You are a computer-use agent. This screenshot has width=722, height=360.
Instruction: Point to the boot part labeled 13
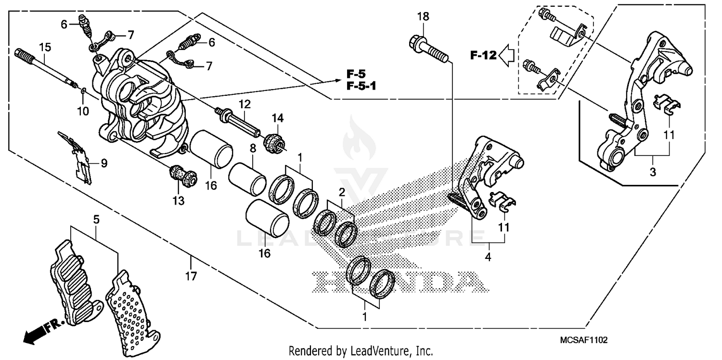[x=183, y=176]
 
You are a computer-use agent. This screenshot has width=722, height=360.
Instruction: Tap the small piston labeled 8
[x=246, y=178]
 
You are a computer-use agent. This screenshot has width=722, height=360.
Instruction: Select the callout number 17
[x=191, y=276]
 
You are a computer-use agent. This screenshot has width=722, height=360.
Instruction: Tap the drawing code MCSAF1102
[x=583, y=340]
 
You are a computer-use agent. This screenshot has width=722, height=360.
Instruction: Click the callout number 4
[x=488, y=257]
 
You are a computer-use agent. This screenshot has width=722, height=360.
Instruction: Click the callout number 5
[x=96, y=219]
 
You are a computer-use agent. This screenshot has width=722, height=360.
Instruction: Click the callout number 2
[x=342, y=193]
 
